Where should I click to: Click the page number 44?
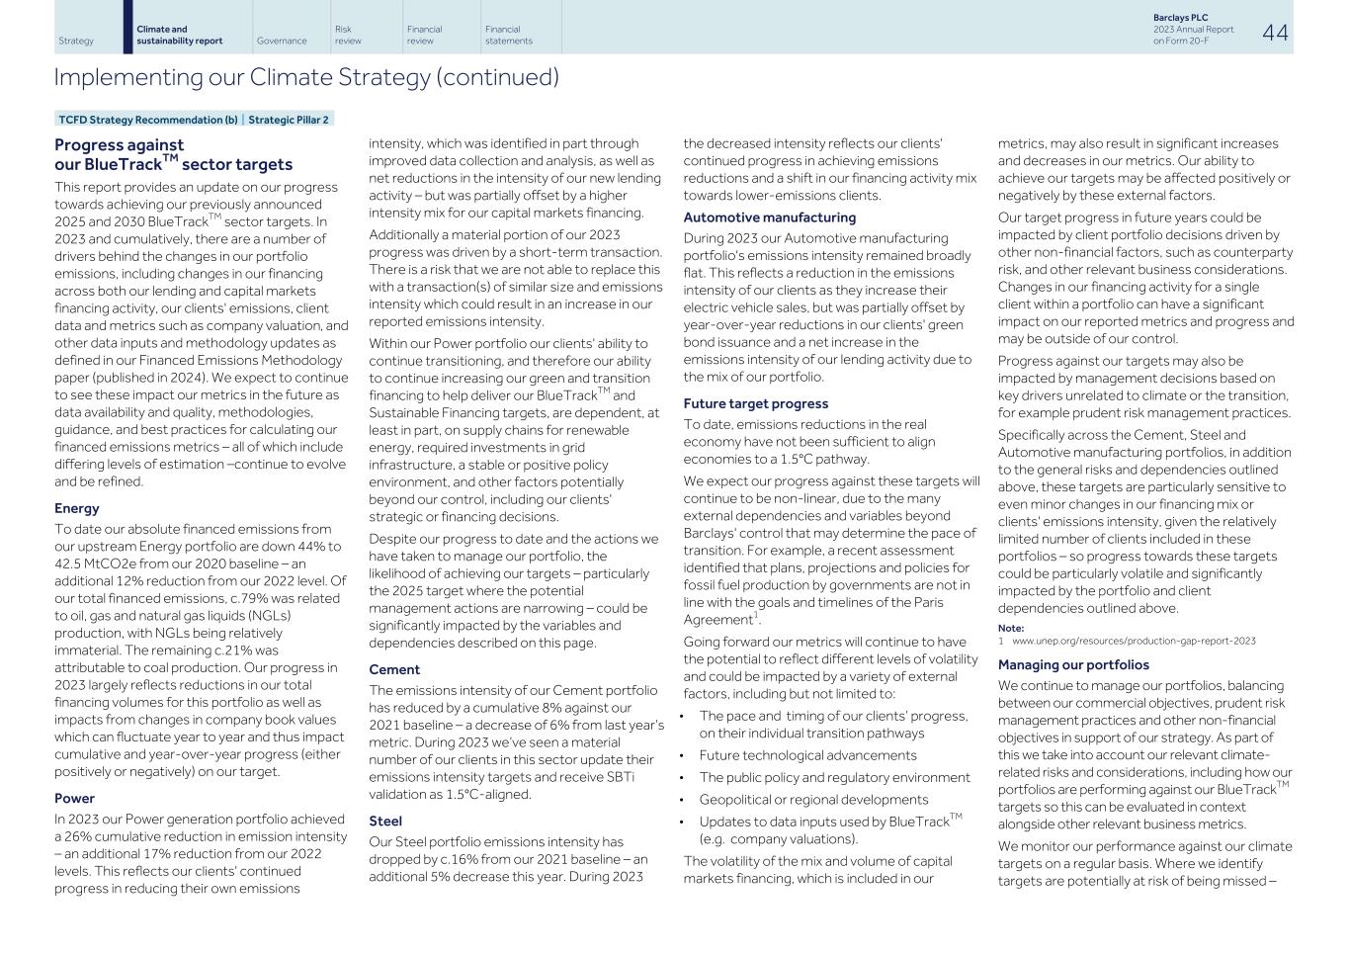tap(1275, 33)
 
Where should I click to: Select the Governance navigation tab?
tap(281, 41)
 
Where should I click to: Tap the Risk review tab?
tap(348, 35)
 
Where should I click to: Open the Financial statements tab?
tap(508, 35)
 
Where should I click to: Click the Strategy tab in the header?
tap(76, 41)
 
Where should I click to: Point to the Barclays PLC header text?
tap(1180, 18)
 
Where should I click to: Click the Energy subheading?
tap(77, 508)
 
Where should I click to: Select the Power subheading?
tap(75, 798)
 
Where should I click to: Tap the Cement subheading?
tap(394, 669)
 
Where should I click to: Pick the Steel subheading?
tap(385, 821)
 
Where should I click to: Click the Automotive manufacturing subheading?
tap(769, 217)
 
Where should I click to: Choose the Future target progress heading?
tap(755, 403)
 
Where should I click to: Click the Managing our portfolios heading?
tap(1072, 664)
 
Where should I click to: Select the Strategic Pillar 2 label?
tap(288, 120)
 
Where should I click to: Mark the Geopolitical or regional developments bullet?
tap(813, 799)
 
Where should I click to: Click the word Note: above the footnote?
tap(1010, 628)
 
